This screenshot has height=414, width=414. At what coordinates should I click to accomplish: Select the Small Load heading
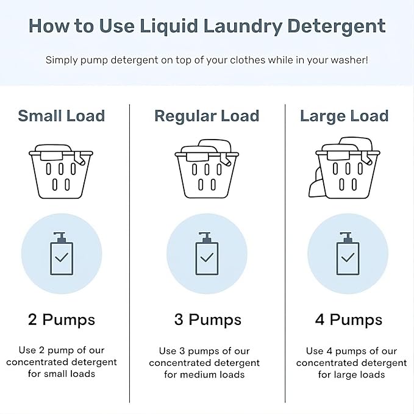[62, 116]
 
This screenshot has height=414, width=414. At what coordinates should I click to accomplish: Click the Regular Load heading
[207, 116]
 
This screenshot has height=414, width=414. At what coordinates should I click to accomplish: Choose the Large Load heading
[344, 116]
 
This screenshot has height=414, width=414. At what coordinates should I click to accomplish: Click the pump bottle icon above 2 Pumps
[62, 255]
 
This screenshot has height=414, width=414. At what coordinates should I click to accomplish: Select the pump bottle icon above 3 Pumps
[207, 255]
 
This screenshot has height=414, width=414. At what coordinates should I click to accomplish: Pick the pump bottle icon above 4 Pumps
[348, 255]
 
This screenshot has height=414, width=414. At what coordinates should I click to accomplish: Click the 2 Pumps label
[62, 319]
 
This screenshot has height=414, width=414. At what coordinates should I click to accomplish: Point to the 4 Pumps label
[349, 319]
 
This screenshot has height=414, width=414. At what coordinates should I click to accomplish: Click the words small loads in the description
[71, 374]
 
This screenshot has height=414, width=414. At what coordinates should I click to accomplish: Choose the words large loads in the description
[359, 374]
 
